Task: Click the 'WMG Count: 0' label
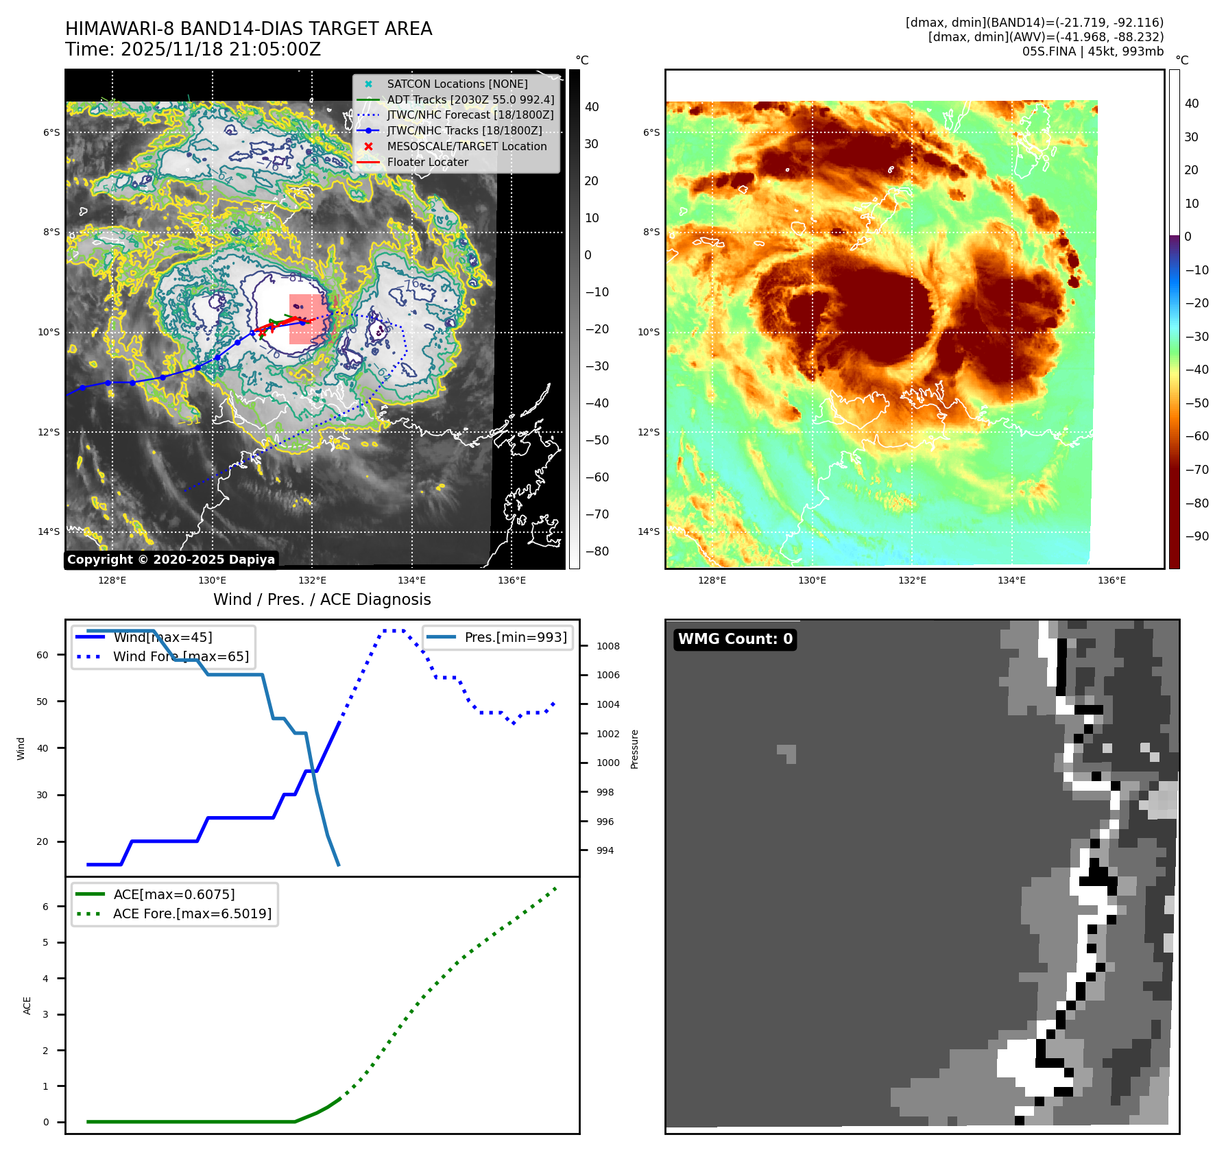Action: click(735, 639)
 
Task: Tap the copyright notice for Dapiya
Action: click(171, 560)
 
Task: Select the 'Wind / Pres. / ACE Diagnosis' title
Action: click(322, 599)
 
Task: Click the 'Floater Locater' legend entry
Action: click(427, 163)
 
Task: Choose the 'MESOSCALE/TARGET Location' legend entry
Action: click(466, 147)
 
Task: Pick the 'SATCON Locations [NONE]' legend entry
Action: click(457, 84)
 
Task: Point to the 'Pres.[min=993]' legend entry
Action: click(515, 637)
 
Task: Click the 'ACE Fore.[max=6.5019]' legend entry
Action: click(192, 913)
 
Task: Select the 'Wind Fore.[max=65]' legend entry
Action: click(181, 656)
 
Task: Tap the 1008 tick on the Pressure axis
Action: click(608, 646)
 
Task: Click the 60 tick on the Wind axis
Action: click(43, 655)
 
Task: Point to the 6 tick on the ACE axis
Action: click(46, 907)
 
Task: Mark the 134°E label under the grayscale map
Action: click(411, 580)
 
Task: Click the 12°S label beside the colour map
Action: click(649, 432)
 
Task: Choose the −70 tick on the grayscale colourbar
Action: click(597, 514)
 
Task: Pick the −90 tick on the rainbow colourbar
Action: click(1197, 536)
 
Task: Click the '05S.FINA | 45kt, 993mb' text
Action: click(1093, 51)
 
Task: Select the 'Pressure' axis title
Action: click(634, 749)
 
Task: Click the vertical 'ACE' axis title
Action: click(27, 1005)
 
